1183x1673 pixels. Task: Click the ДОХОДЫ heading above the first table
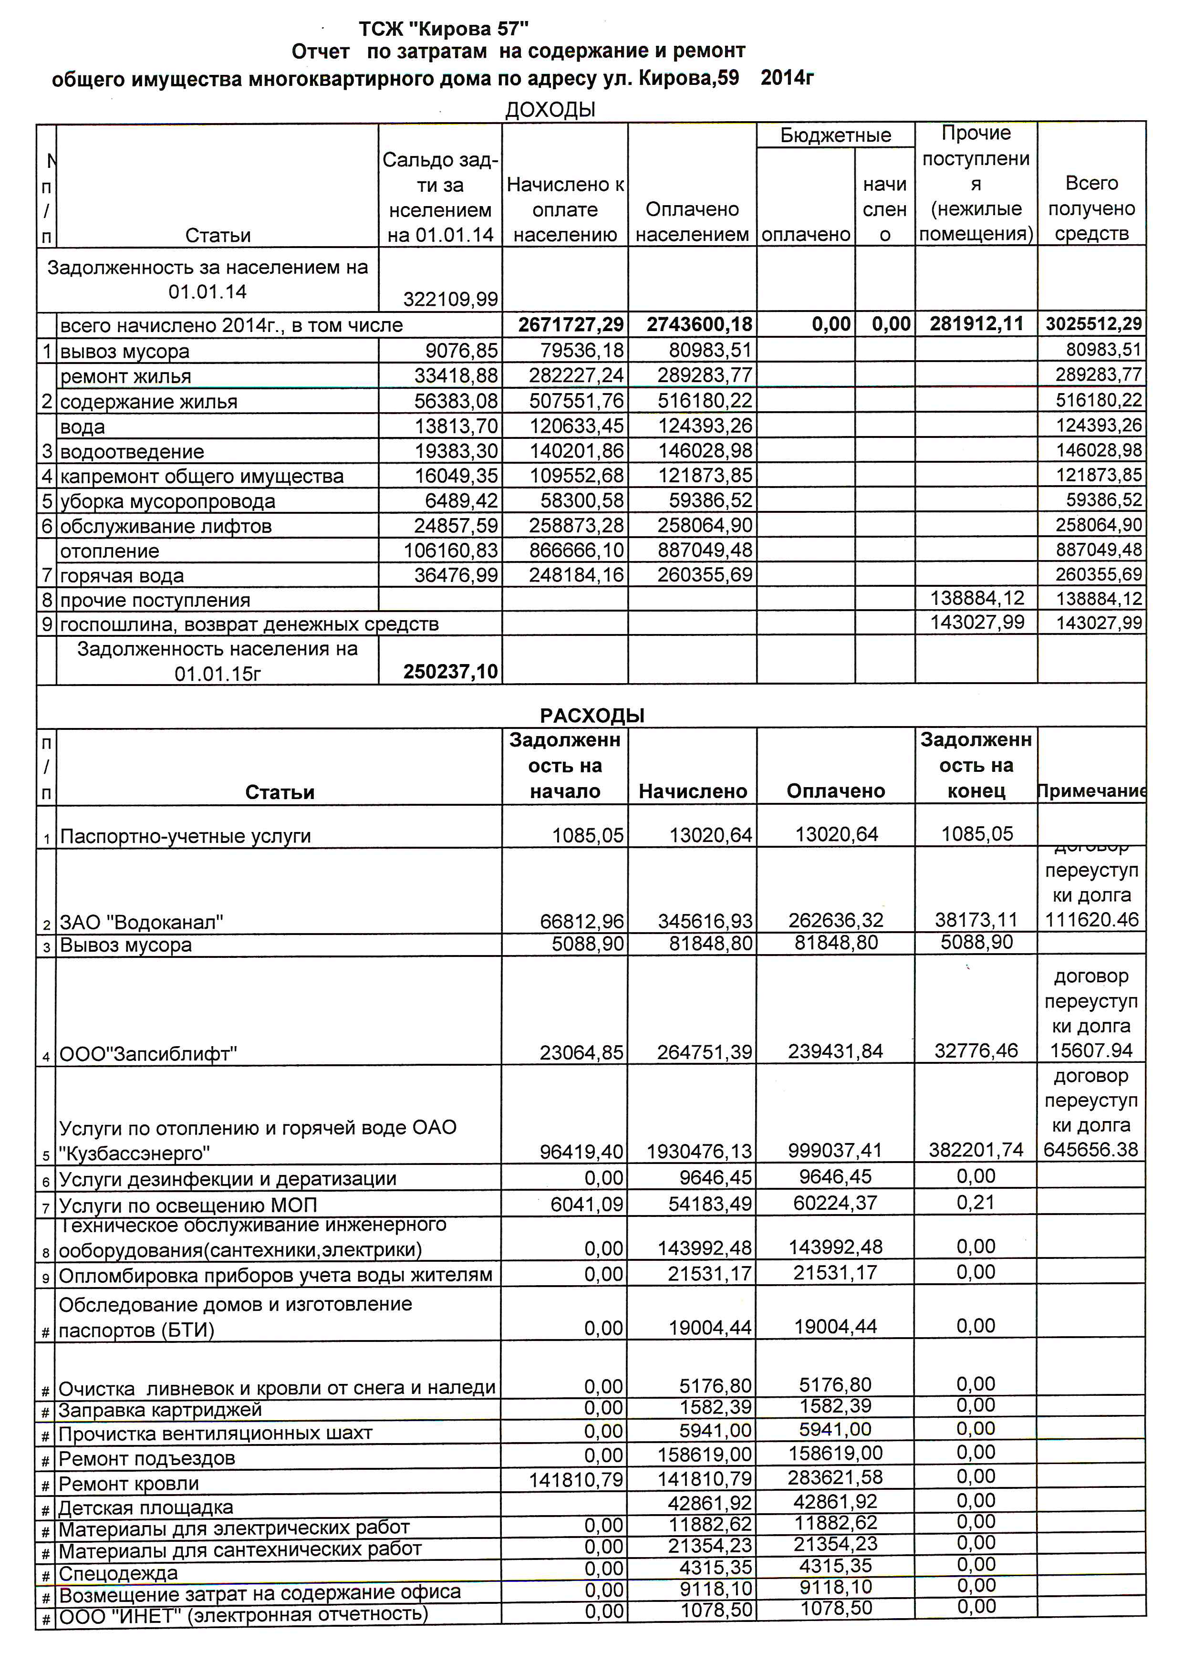pos(550,110)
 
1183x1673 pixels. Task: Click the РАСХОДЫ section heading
pos(591,715)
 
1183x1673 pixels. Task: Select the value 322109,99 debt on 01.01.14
pos(450,299)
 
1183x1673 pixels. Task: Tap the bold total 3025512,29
pos(1093,324)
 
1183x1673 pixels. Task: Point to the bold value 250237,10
pos(450,672)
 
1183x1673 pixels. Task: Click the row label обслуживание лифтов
pos(166,526)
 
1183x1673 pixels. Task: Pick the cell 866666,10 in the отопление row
pos(576,550)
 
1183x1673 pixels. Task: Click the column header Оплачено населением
pos(692,221)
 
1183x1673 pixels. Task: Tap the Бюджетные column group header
pos(836,135)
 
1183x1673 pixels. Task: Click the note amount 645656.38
pos(1090,1150)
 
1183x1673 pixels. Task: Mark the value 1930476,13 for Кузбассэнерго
pos(699,1151)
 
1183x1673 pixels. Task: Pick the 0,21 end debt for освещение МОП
pos(976,1202)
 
